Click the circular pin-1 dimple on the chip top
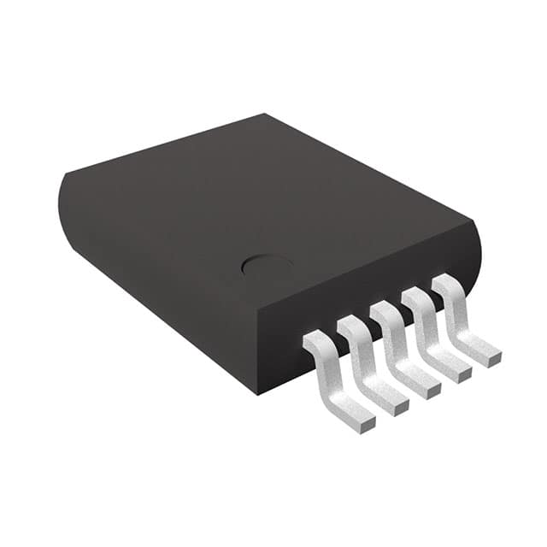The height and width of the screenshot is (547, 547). (268, 265)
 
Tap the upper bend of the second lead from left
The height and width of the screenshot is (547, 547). (350, 326)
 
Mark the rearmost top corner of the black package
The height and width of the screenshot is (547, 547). (265, 115)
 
